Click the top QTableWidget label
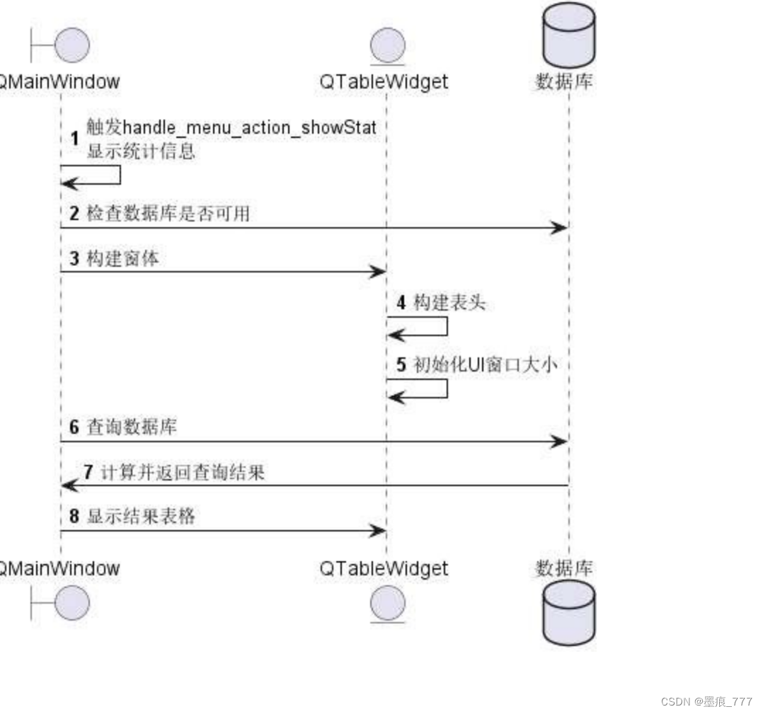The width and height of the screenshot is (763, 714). (x=384, y=81)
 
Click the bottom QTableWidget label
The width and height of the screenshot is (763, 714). (x=384, y=568)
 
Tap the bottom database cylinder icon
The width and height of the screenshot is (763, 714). (x=568, y=613)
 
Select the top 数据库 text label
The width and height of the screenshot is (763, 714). (x=563, y=81)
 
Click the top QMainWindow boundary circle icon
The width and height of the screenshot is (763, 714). (x=71, y=46)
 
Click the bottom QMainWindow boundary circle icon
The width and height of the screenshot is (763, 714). (x=71, y=603)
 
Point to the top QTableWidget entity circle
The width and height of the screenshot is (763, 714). (x=387, y=46)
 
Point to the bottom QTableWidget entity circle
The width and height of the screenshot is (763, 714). (x=387, y=604)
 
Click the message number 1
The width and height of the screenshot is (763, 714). (x=74, y=139)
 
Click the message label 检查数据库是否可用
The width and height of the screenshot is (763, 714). (x=168, y=214)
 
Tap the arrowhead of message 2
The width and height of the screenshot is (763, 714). (x=561, y=228)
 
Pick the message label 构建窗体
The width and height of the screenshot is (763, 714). (x=122, y=259)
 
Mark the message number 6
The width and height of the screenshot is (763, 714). (x=74, y=427)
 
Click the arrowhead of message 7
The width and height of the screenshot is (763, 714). (x=68, y=485)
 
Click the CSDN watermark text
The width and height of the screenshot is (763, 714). (x=706, y=701)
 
